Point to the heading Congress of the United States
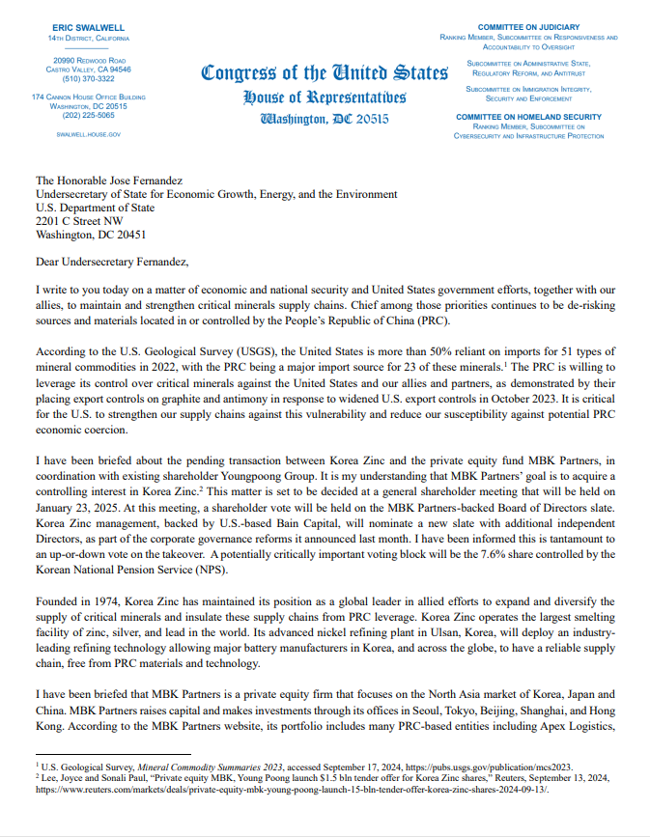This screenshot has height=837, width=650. (x=325, y=73)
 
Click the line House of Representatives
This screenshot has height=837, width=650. (x=325, y=98)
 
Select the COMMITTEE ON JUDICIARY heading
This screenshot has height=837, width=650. (x=528, y=25)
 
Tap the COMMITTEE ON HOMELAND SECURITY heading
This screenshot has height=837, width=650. (x=527, y=116)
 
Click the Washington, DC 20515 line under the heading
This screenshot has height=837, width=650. (x=325, y=119)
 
